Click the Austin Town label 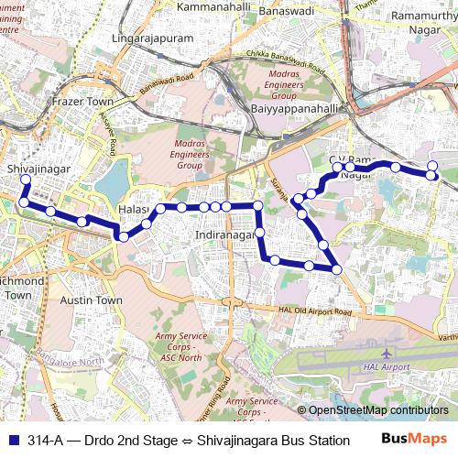(x=91, y=300)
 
